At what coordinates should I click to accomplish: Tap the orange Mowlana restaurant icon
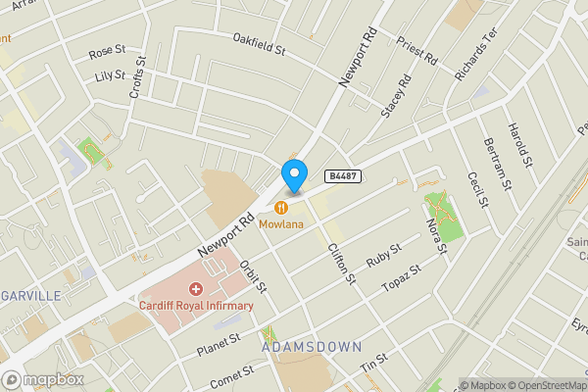pos(281,207)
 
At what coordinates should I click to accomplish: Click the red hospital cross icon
pos(195,289)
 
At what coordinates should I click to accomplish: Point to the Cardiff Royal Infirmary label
pos(196,306)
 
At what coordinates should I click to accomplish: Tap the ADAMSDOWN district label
pos(312,347)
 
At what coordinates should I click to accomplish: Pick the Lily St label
pos(109,75)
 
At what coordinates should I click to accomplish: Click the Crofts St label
pos(138,78)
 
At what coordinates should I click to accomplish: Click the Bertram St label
pos(499,163)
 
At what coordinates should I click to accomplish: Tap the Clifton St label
pos(340,264)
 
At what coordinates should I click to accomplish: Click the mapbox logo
pos(43,379)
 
